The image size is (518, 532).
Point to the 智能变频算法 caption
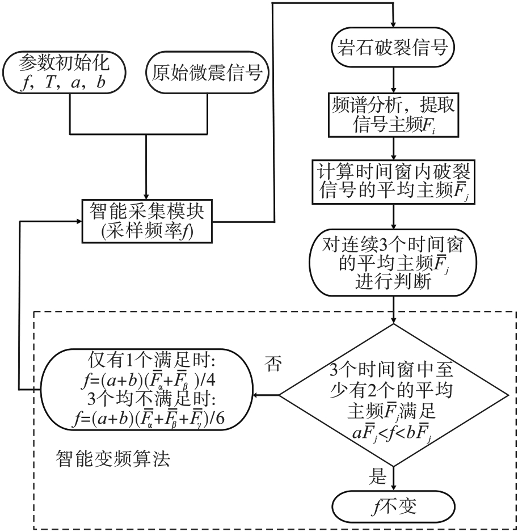coord(113,458)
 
